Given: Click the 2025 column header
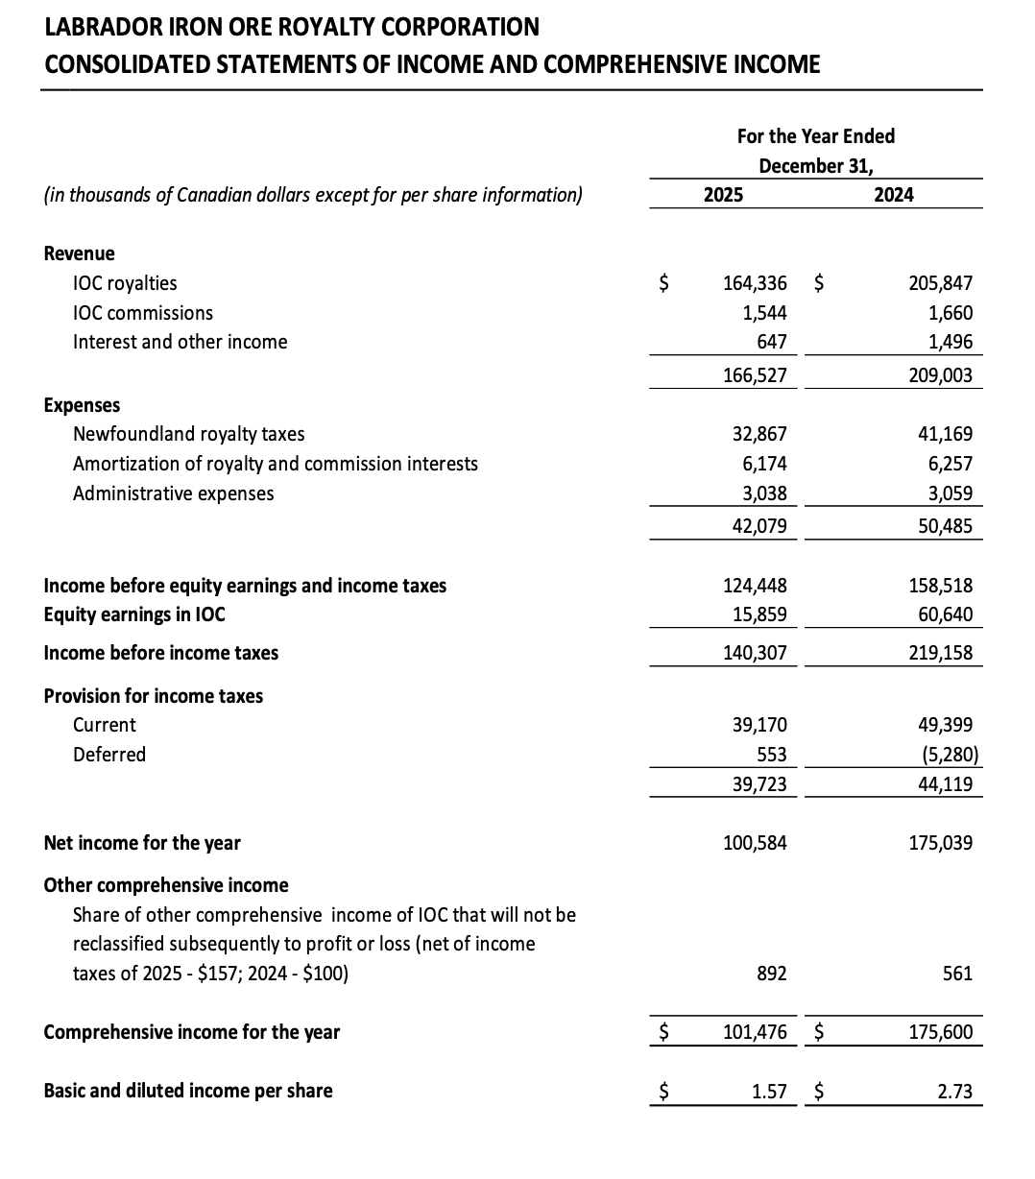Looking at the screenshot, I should [x=723, y=195].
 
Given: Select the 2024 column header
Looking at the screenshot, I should [x=894, y=195].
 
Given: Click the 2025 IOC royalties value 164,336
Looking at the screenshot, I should [x=755, y=283].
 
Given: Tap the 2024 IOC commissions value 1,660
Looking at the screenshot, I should [x=951, y=313].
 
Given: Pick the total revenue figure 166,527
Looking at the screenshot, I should [x=755, y=375].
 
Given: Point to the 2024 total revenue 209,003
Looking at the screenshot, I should [x=940, y=375].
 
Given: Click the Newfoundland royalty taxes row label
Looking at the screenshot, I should [x=189, y=434].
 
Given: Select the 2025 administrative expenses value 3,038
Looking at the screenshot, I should [x=764, y=493].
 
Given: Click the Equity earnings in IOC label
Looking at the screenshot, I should [x=134, y=614].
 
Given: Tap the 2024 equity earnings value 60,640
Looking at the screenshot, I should [x=945, y=614].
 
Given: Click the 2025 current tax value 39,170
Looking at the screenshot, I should [x=759, y=725].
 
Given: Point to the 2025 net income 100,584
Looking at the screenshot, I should [x=755, y=843].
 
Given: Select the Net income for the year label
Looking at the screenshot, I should [x=142, y=843].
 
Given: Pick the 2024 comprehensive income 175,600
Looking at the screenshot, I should [x=940, y=1032].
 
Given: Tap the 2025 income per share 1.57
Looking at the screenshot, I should [x=770, y=1091].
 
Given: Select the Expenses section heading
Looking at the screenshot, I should [x=83, y=405].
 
